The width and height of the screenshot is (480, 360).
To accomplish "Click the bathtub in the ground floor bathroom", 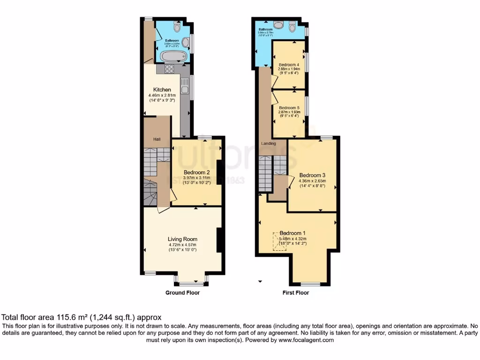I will coord(173,57).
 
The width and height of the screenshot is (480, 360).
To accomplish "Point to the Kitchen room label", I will coord(162,90).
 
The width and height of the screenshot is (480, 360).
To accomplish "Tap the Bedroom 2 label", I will coord(196,172).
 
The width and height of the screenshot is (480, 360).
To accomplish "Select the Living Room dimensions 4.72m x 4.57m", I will coord(182,244).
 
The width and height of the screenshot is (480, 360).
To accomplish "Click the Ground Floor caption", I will coord(182,293).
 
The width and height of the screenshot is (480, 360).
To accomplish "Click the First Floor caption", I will coord(295,293).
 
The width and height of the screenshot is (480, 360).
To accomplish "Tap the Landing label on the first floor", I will coord(268,143).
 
